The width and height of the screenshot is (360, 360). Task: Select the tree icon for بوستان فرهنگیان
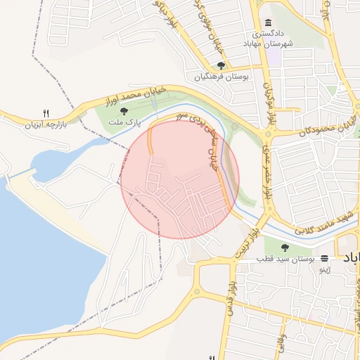click(x=221, y=65)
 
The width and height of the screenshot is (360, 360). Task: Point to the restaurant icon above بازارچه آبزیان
click(x=46, y=112)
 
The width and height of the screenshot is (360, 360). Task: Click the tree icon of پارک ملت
click(x=124, y=111)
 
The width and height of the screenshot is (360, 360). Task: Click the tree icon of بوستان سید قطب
click(x=285, y=247)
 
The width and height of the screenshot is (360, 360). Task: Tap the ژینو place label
click(x=324, y=269)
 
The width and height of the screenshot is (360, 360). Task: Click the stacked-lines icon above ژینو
click(x=324, y=258)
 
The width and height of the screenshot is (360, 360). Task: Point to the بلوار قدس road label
click(x=229, y=299)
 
